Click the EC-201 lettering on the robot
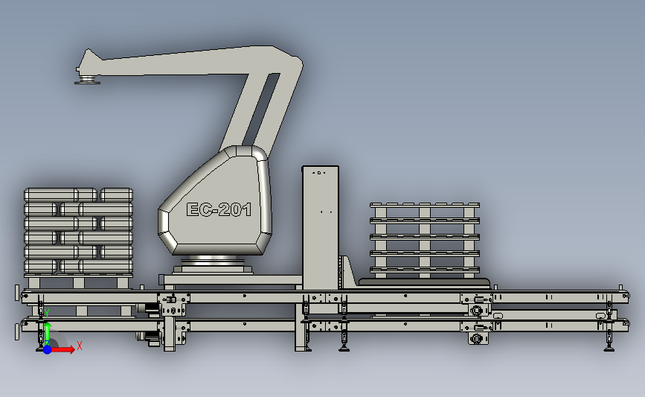[x=219, y=209]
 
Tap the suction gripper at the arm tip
[x=87, y=80]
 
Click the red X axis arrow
[x=62, y=349]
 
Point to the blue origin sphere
[x=48, y=349]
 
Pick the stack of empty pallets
[x=425, y=240]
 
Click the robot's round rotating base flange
[x=213, y=261]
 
